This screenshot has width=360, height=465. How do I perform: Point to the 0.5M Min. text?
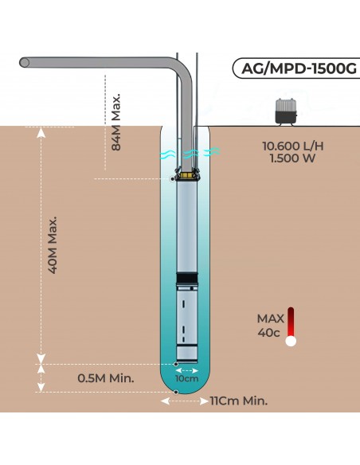pos(106,377)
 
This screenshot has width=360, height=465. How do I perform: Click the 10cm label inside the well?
pos(186,379)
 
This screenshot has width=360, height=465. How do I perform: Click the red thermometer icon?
pos(291,326)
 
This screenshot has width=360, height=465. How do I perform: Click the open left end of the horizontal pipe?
pos(25,62)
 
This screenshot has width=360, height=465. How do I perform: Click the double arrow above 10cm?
pos(186,369)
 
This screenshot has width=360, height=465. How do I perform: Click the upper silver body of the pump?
pos(187,223)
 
